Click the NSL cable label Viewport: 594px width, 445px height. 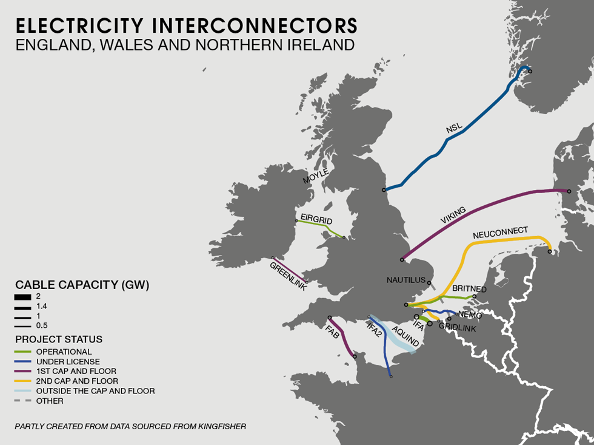454,128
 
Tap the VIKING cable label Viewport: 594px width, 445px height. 453,216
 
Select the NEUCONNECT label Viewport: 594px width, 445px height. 500,233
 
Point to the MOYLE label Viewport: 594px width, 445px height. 316,177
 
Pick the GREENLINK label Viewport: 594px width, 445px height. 288,276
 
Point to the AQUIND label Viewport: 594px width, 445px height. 405,336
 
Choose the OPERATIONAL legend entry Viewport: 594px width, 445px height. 64,352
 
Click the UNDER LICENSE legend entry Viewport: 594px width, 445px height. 68,361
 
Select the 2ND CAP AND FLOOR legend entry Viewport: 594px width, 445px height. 77,381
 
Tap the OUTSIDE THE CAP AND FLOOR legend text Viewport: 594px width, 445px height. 95,391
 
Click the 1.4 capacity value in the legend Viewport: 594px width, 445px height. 42,306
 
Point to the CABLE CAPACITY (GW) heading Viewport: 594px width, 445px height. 82,284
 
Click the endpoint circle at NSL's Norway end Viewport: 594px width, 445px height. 530,72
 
